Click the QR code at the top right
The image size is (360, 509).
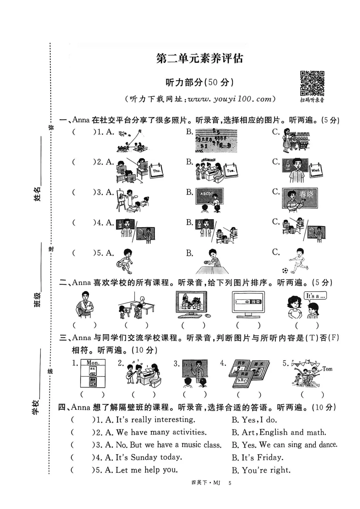click(312, 83)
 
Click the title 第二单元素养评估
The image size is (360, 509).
click(200, 58)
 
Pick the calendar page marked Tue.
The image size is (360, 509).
click(230, 171)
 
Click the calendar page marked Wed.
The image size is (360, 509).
click(315, 170)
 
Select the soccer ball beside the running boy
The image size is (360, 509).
click(285, 271)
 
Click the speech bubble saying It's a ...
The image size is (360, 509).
click(315, 296)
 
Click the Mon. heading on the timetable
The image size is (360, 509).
click(93, 363)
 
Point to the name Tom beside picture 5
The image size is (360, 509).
click(327, 369)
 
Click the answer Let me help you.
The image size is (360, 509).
click(146, 470)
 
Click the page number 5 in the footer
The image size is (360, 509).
click(230, 483)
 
